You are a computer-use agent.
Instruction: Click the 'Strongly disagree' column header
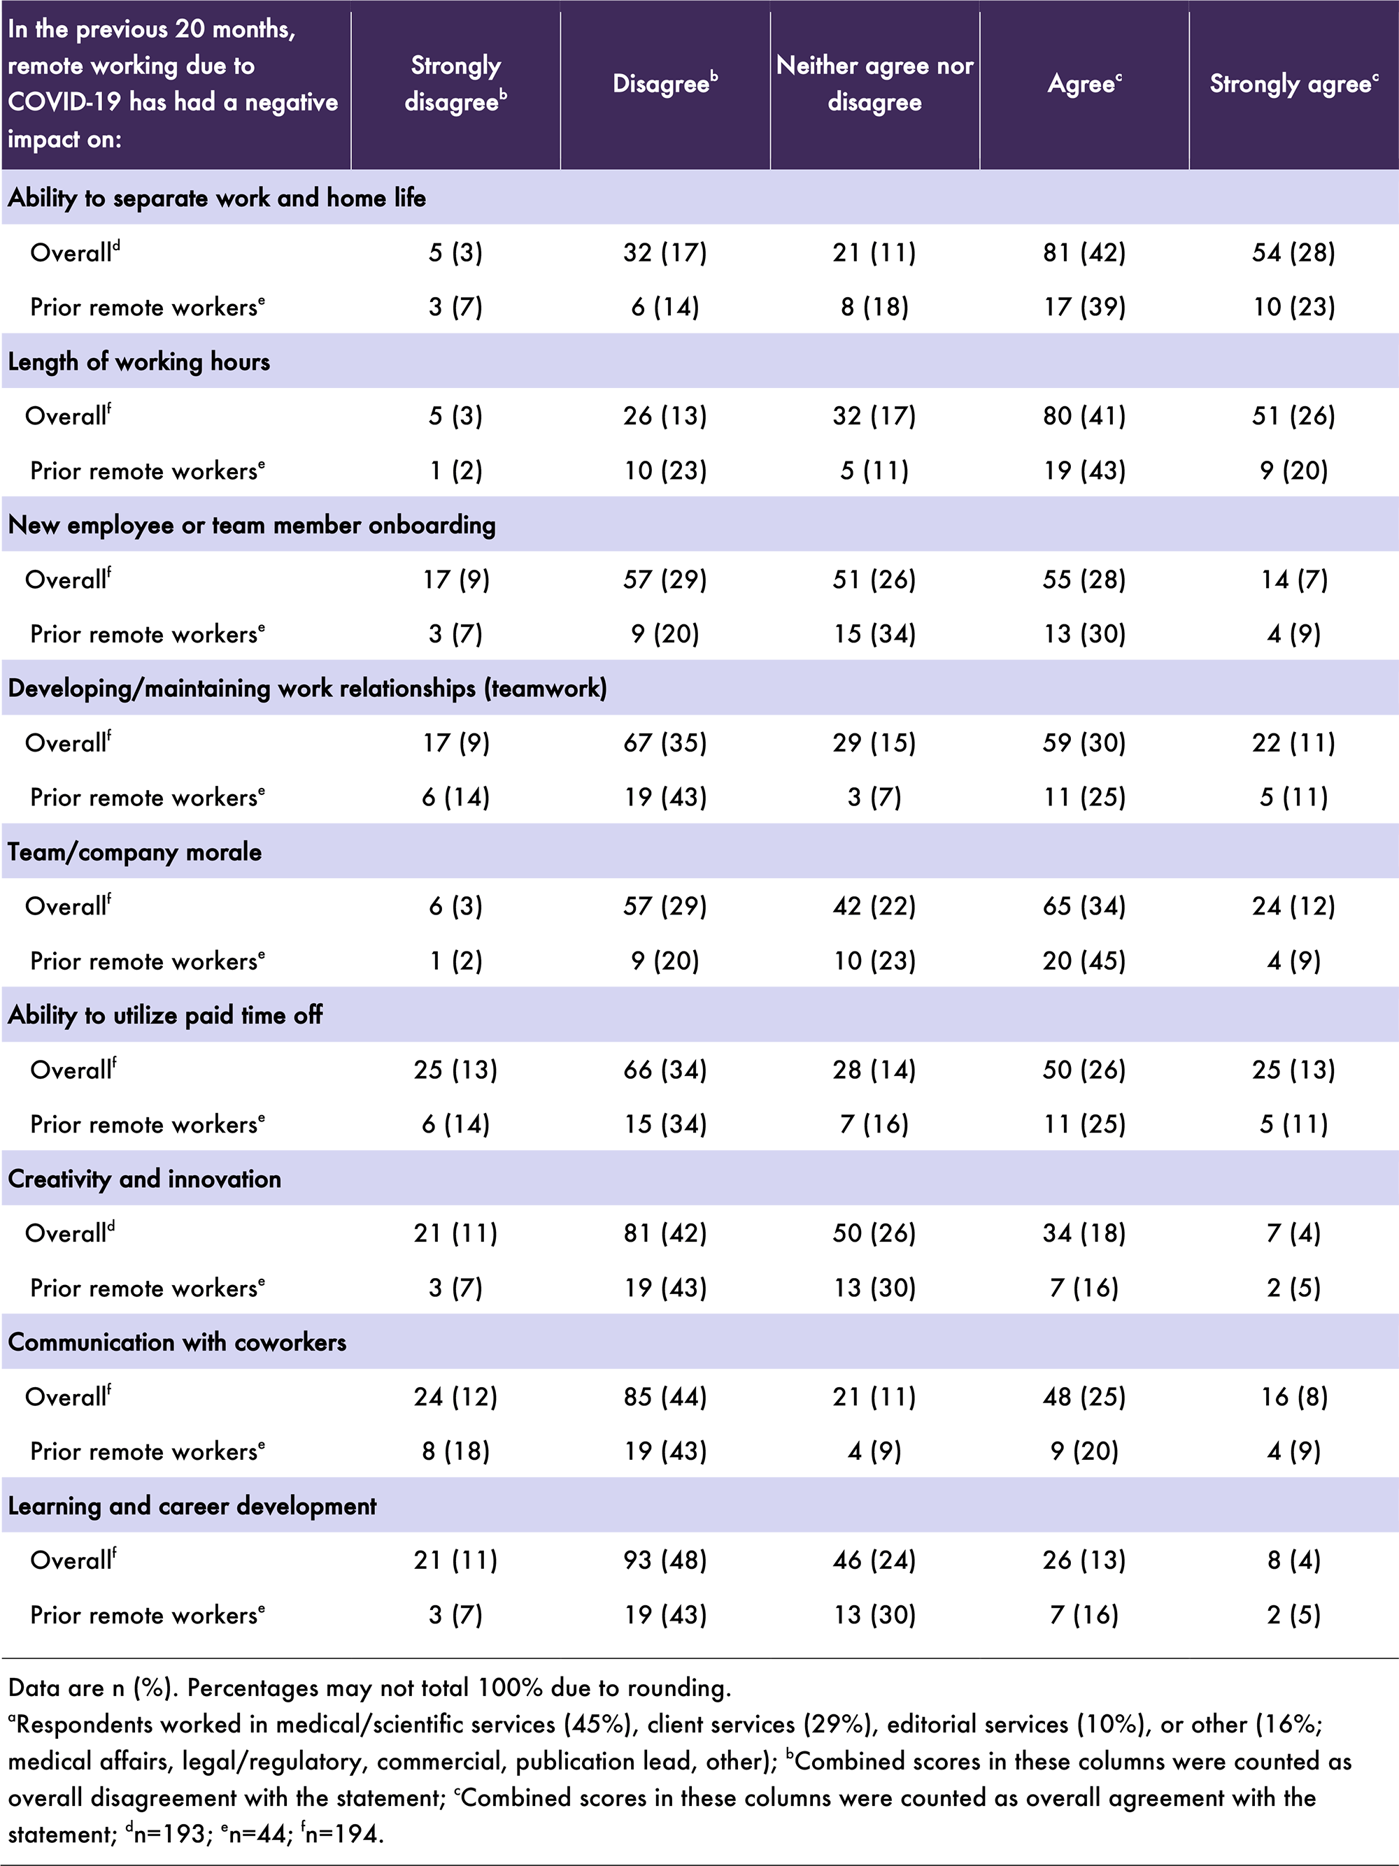pos(455,83)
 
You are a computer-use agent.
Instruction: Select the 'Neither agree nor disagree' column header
pos(874,83)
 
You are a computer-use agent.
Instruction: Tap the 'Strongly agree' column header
pos(1293,83)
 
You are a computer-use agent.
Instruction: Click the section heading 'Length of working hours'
pos(139,362)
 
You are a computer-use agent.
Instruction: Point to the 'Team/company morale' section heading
pos(135,852)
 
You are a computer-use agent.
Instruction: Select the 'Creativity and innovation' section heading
pos(144,1179)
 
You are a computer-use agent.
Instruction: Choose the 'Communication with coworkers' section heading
pos(177,1342)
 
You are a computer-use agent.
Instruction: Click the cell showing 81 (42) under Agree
pos(1084,252)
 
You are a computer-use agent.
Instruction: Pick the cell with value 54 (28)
pos(1293,252)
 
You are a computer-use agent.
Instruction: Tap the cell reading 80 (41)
pos(1084,416)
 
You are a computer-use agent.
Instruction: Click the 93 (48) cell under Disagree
pos(665,1560)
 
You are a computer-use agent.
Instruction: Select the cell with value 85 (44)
pos(665,1396)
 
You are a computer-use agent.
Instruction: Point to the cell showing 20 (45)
pos(1084,961)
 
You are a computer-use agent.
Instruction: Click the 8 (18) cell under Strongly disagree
pos(455,1451)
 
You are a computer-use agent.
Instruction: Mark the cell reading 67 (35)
pos(665,743)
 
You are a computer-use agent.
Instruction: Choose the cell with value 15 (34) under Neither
pos(874,634)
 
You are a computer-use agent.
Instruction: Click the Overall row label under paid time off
pos(73,1070)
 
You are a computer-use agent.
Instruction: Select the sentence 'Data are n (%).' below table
pos(93,1687)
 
